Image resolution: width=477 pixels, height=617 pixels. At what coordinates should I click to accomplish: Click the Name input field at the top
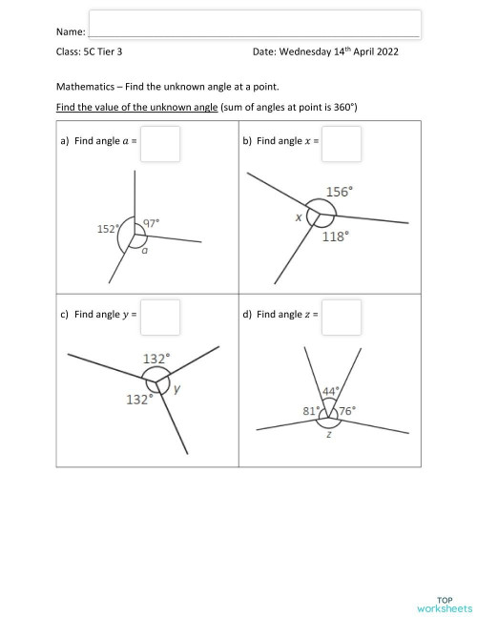point(255,25)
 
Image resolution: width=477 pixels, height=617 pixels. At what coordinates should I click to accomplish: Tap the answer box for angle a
point(160,144)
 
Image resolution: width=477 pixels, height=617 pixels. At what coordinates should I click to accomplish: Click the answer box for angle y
point(160,317)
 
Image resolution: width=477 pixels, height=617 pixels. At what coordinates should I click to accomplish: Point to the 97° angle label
point(151,222)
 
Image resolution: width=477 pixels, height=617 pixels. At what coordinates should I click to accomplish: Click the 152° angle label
point(108,229)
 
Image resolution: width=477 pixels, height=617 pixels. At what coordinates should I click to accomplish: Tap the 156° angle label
point(340,192)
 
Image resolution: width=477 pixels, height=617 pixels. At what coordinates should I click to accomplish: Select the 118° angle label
point(335,236)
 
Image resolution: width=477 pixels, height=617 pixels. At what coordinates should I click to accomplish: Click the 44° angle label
point(330,391)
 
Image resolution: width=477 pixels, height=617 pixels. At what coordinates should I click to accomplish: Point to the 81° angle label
point(310,412)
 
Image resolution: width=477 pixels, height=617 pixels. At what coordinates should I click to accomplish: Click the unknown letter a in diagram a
point(144,252)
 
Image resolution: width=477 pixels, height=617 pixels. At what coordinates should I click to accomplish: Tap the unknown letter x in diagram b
point(299,217)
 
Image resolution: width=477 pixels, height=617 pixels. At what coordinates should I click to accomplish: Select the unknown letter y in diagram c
point(177,390)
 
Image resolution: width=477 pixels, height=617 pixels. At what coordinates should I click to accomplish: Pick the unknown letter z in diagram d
point(328,434)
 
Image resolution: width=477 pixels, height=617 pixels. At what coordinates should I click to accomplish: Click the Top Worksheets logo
point(444,604)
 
